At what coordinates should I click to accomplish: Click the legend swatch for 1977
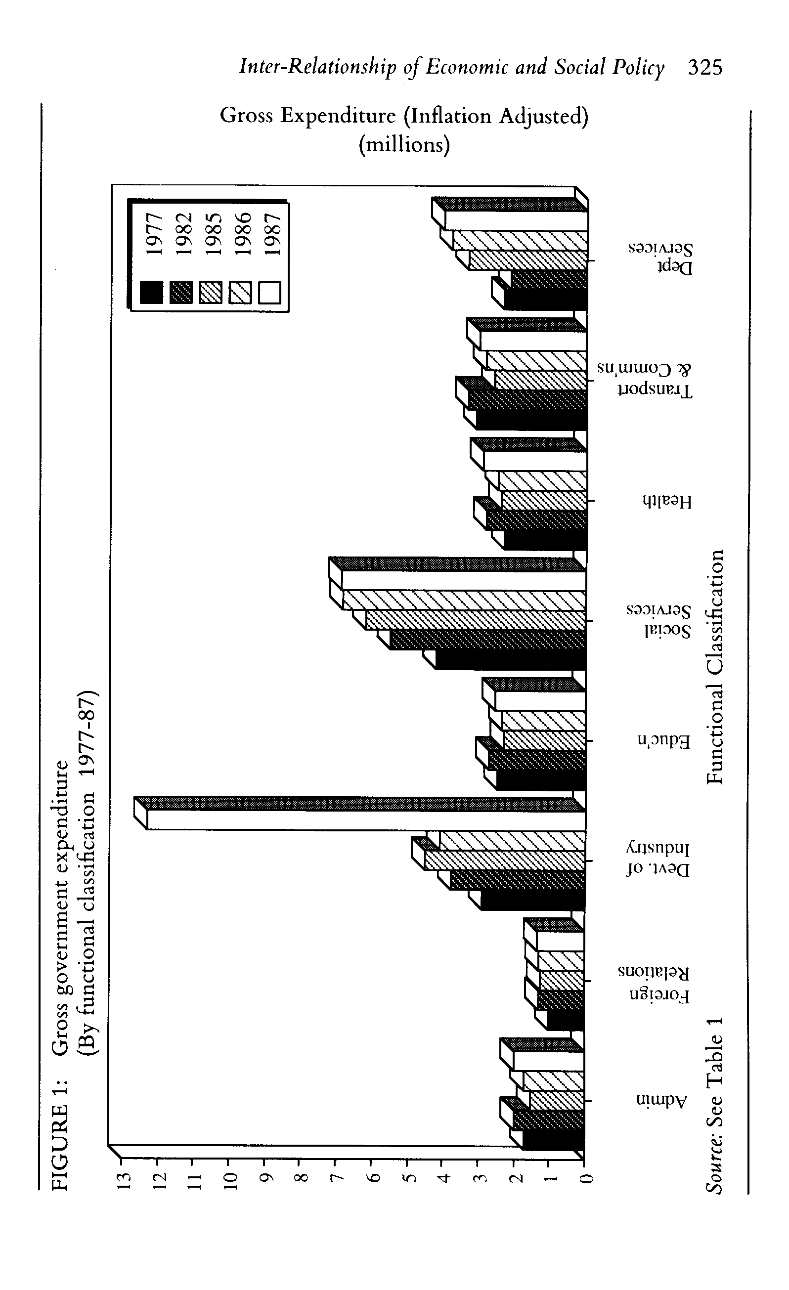(151, 292)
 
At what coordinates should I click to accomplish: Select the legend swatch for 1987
(269, 292)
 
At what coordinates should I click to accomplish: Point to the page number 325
(704, 68)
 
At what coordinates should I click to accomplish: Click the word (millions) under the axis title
(404, 144)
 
